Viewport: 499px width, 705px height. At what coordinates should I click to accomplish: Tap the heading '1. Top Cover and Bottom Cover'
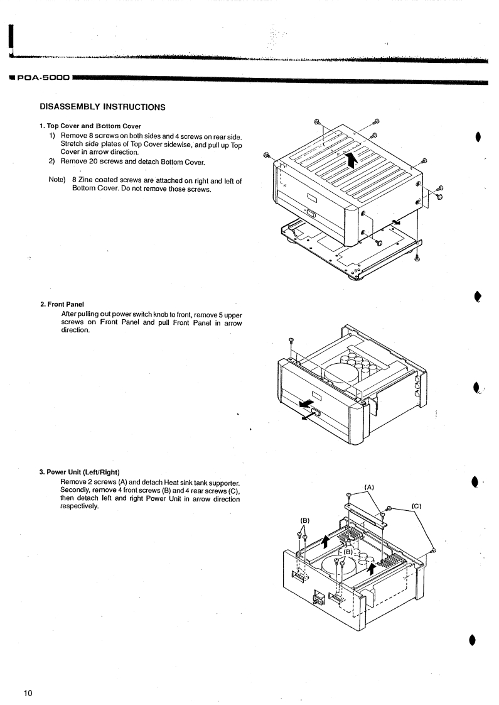(x=90, y=127)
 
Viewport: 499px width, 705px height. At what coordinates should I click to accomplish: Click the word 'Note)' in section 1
(x=57, y=181)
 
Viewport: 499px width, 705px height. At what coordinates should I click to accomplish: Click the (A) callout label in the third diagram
(x=369, y=485)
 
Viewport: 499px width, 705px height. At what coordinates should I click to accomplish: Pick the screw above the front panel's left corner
(x=291, y=341)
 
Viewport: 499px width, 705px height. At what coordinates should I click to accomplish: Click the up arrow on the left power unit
(x=325, y=541)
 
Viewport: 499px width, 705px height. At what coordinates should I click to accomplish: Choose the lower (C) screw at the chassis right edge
(x=433, y=551)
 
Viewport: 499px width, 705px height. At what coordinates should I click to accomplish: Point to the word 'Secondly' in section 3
(x=76, y=490)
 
